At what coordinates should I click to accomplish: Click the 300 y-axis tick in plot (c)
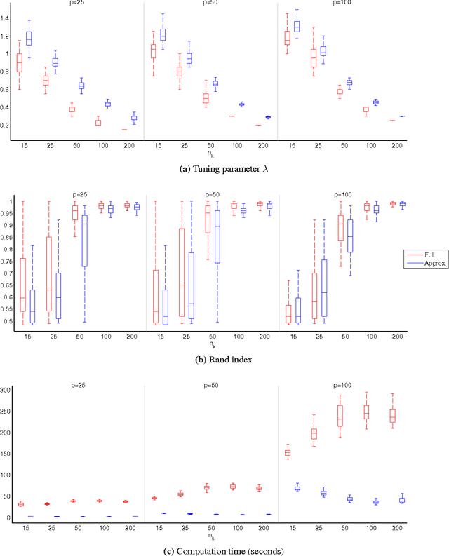(x=6, y=390)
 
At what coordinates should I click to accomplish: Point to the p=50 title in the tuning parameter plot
(x=210, y=3)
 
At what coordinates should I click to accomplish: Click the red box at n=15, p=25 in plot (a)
(x=20, y=62)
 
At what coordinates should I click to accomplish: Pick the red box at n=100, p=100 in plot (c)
(x=366, y=412)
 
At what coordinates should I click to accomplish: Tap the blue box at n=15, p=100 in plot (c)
(x=297, y=488)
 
